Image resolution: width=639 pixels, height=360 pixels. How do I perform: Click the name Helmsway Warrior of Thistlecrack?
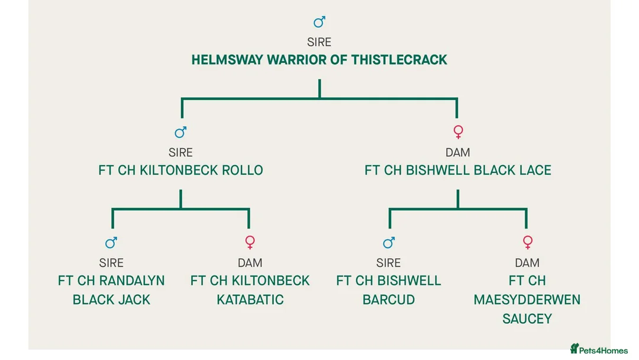pos(319,60)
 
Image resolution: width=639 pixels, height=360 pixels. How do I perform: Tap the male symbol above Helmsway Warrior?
pos(319,22)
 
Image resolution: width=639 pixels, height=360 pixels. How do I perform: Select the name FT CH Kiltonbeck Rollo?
pos(180,171)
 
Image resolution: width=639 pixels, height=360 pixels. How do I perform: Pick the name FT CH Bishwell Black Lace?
pos(457,171)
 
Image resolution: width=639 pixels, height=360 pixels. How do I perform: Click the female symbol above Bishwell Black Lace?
pos(457,132)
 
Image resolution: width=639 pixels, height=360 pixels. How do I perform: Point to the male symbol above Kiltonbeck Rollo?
pos(180,131)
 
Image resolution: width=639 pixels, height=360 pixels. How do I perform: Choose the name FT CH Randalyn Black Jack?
pos(111,290)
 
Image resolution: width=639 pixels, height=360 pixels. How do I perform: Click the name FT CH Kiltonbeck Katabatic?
pos(250,290)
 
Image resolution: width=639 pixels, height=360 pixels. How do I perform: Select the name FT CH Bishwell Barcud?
pos(388,290)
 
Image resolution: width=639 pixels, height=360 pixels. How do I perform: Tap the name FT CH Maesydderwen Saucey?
pos(527,300)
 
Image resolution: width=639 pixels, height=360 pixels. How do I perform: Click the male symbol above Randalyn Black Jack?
pos(111,242)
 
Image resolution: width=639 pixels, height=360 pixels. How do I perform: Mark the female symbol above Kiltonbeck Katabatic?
pos(250,243)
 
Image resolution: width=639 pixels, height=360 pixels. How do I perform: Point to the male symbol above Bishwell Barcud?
pos(388,242)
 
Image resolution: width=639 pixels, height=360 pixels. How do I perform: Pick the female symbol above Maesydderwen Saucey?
pos(527,243)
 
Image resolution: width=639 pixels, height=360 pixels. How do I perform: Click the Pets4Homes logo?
pos(599,349)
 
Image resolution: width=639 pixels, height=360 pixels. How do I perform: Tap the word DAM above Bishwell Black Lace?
pos(457,153)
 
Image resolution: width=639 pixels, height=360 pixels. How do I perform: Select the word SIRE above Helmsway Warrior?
pos(319,43)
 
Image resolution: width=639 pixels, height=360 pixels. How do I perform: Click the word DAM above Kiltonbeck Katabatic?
pos(250,263)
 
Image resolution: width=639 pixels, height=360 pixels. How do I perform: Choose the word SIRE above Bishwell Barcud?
pos(388,263)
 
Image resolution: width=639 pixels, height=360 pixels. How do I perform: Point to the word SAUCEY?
pos(527,319)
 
